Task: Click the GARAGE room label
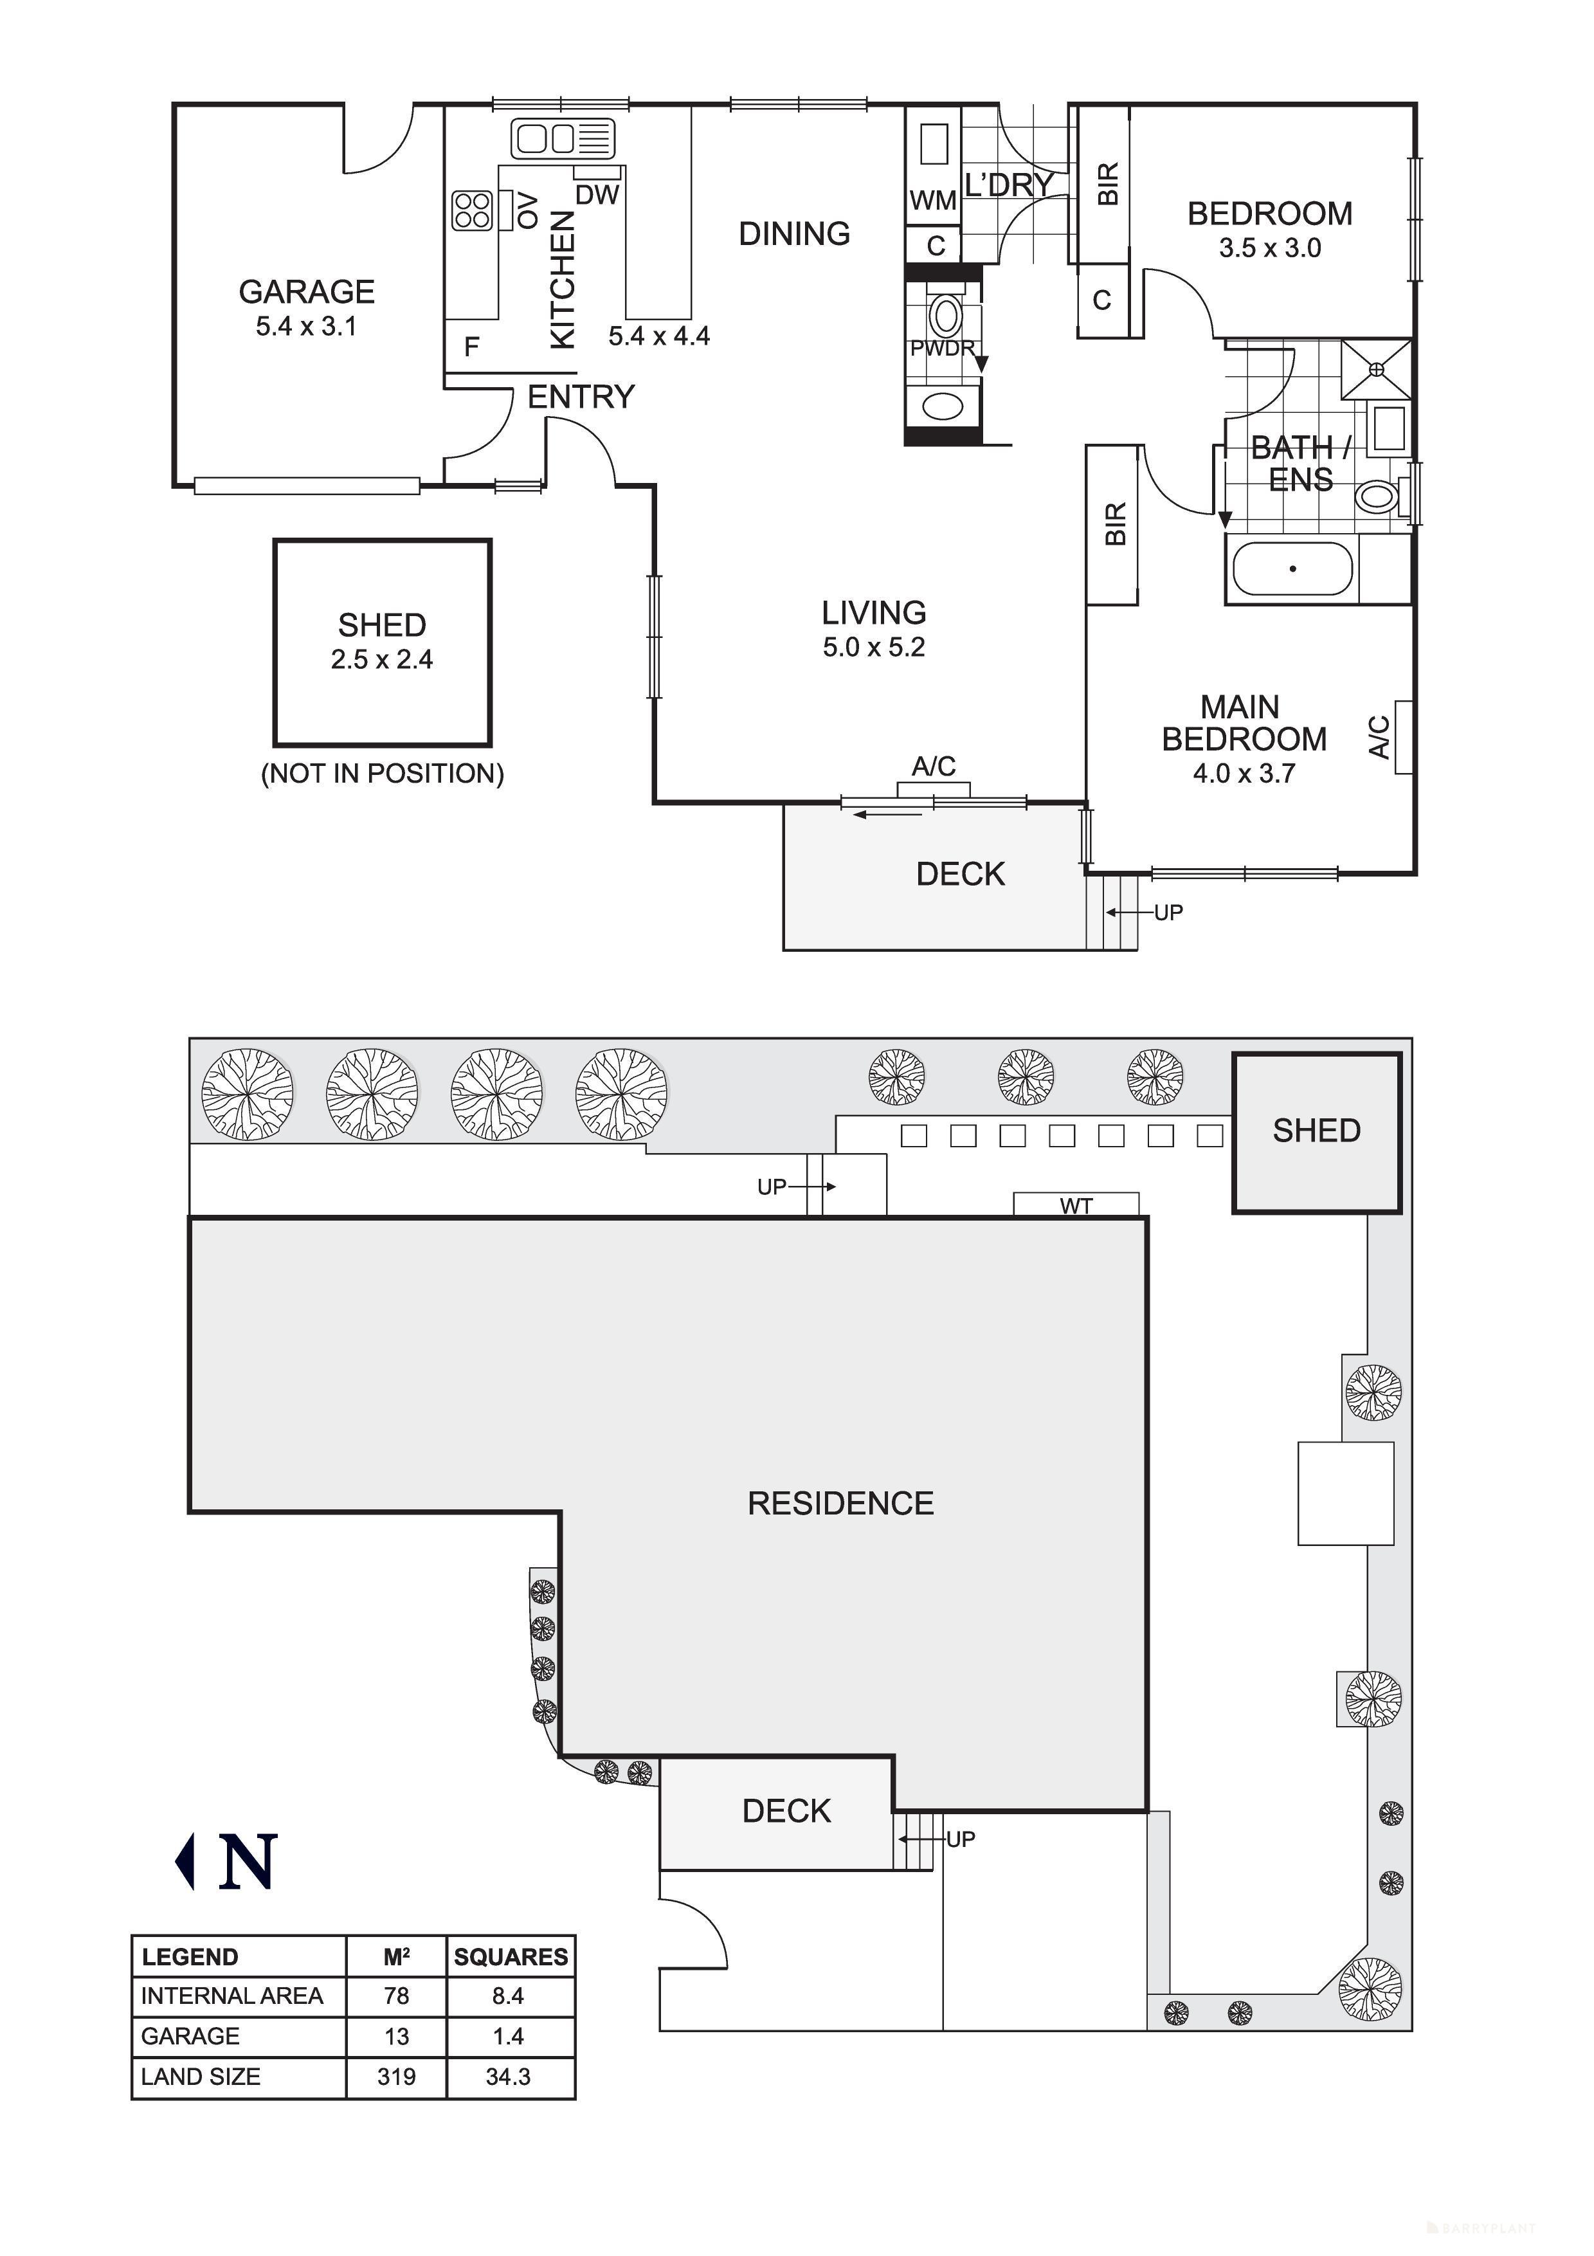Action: tap(307, 292)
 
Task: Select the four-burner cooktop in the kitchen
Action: tap(471, 209)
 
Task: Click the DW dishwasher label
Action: tap(597, 195)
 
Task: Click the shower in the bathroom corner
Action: tap(1377, 368)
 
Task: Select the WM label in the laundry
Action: tap(932, 201)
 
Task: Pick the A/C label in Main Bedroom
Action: tap(1380, 737)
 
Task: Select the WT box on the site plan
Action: tap(1076, 1205)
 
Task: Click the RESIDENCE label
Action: tap(840, 1504)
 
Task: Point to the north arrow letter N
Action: tap(248, 1862)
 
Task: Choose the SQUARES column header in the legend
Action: tap(511, 1956)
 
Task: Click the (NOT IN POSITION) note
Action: tap(382, 773)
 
